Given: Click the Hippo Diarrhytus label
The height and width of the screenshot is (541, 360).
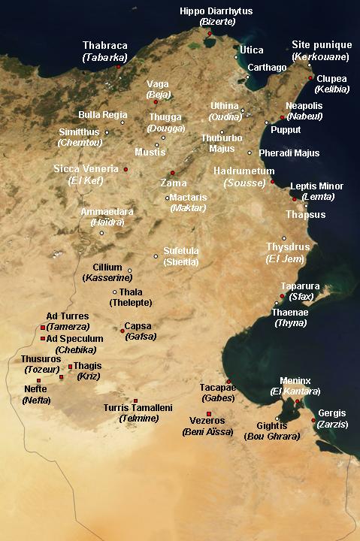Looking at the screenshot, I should click(216, 11).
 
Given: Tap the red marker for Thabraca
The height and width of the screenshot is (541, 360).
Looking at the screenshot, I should click(118, 67).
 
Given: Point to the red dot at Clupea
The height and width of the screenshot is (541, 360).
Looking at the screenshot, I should click(310, 77).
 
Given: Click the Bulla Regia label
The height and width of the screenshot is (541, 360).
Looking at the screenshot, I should click(103, 115).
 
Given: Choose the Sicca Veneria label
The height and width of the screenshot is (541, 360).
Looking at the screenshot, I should click(86, 168).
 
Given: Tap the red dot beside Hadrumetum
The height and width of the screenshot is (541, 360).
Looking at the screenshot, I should click(272, 182).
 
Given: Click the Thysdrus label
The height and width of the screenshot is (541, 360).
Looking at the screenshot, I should click(283, 246).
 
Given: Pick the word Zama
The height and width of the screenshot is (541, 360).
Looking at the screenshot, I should click(174, 183).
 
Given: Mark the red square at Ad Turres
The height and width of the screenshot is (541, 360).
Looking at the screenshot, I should click(43, 328).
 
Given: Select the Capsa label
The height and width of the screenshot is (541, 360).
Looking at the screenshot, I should click(138, 326).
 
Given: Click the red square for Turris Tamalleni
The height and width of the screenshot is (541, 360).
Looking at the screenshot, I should click(135, 400).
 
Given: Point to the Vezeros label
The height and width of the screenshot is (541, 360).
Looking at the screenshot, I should click(208, 422).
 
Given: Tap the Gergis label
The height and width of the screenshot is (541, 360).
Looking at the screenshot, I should click(332, 413).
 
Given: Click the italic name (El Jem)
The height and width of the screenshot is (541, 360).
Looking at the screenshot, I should click(283, 258).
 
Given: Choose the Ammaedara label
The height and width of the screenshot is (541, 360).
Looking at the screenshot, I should click(107, 212).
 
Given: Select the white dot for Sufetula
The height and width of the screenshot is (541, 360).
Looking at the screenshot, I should click(156, 256).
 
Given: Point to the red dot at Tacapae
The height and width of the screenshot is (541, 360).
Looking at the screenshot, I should click(228, 381).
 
